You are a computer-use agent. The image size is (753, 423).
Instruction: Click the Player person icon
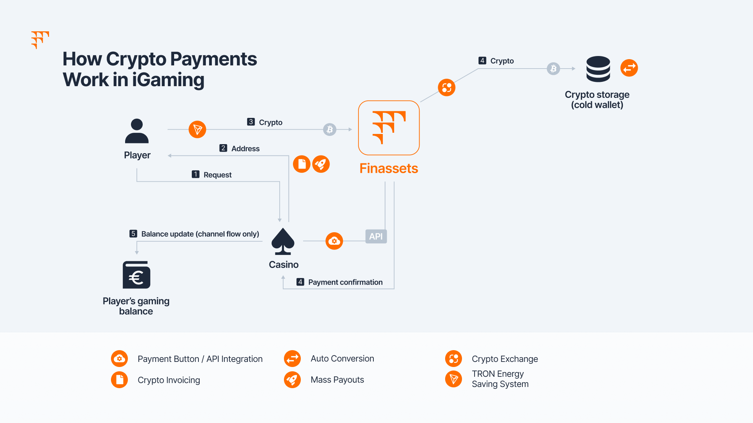(x=137, y=131)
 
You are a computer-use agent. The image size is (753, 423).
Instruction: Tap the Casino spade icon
(x=283, y=241)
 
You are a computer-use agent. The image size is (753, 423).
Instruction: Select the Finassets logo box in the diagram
(x=389, y=128)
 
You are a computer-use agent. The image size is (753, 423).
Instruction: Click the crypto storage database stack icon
(x=598, y=69)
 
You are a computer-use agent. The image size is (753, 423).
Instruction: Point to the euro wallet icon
(x=136, y=275)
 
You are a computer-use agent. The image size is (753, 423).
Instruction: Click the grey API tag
(x=376, y=236)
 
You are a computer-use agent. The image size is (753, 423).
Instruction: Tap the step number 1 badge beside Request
(x=196, y=174)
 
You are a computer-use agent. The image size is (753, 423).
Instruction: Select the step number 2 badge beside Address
(x=223, y=148)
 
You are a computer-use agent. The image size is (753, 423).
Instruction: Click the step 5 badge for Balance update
(x=133, y=233)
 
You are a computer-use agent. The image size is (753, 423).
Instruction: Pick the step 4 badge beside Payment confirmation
(x=300, y=282)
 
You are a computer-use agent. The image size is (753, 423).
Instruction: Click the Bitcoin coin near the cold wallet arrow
(x=553, y=69)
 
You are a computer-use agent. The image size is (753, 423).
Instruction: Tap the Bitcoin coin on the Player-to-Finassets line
(x=330, y=129)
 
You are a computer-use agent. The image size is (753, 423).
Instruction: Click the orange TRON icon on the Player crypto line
(x=197, y=129)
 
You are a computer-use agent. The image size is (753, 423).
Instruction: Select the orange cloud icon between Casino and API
(x=334, y=241)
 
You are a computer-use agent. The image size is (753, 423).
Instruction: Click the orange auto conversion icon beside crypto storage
(x=629, y=68)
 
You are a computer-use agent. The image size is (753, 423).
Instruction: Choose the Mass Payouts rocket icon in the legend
(x=292, y=380)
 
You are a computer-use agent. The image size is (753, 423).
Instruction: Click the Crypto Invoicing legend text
(x=169, y=380)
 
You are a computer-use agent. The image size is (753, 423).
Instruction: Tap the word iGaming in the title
(x=168, y=80)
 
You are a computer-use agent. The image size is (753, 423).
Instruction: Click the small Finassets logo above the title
(x=40, y=40)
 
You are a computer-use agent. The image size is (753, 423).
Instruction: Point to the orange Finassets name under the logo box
(x=389, y=168)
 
